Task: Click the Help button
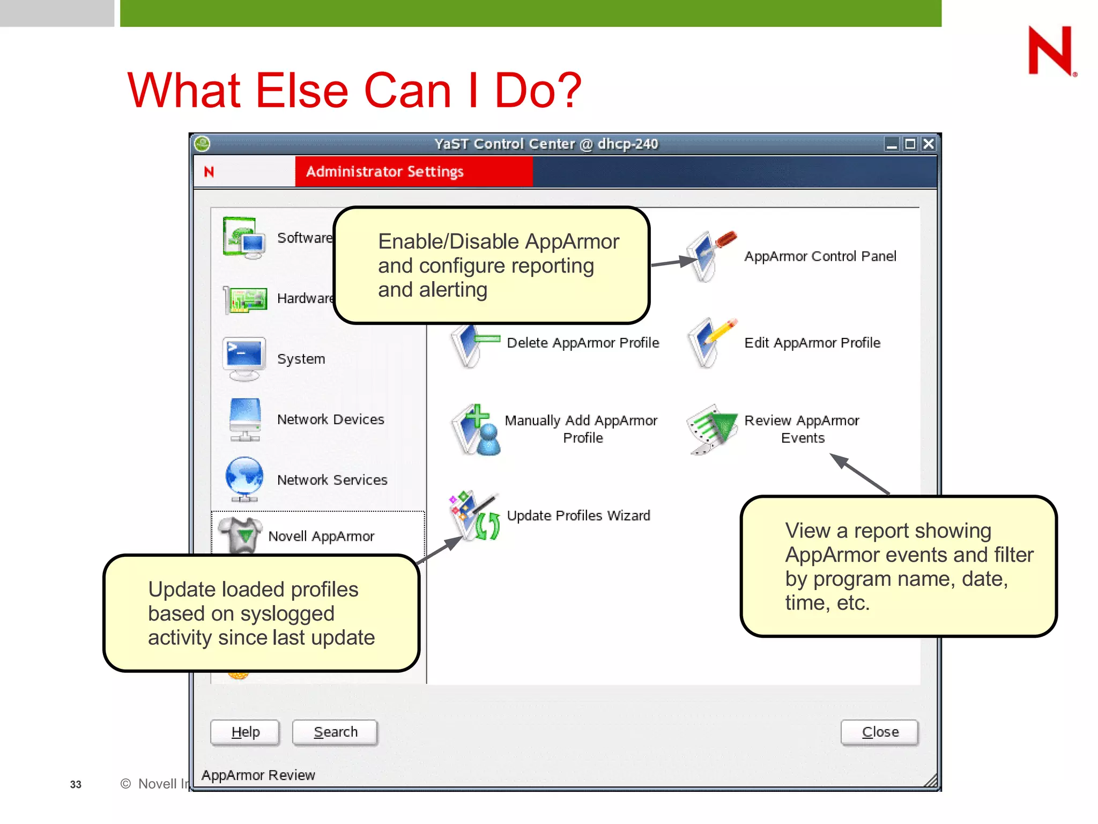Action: tap(245, 732)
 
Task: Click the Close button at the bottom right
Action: tap(879, 732)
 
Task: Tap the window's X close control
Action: tap(929, 144)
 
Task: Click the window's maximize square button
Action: tap(910, 144)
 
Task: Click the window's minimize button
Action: tap(891, 144)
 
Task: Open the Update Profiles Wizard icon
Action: tap(474, 516)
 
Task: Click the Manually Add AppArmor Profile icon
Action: tap(474, 429)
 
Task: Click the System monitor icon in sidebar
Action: tap(244, 358)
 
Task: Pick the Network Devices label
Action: tap(330, 420)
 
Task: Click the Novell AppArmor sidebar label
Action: tap(321, 536)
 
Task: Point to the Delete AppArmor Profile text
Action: tap(583, 343)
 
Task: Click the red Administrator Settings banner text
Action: tap(384, 172)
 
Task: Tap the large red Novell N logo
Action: tap(1050, 51)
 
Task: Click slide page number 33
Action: tap(76, 784)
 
